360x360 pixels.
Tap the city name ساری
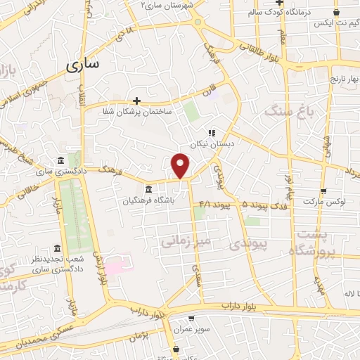click(83, 65)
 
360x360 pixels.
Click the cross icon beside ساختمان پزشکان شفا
click(137, 100)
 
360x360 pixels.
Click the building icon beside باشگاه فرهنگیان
click(148, 189)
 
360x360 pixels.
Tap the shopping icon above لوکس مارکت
click(323, 191)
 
